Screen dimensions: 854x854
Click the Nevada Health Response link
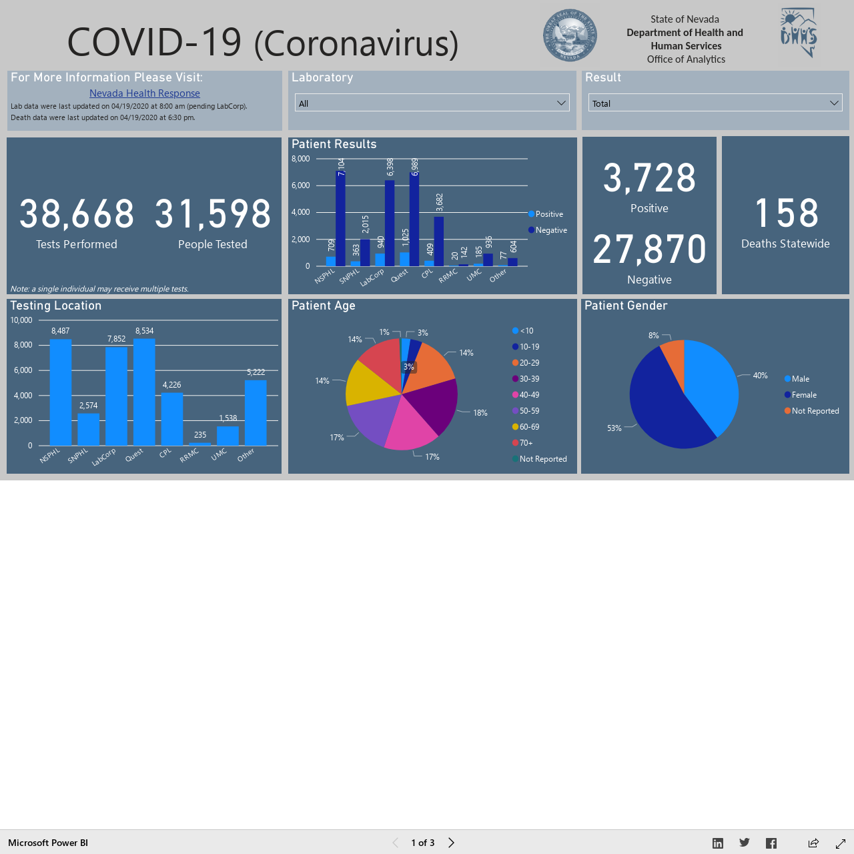coord(145,93)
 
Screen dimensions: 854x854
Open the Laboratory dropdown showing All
coord(432,103)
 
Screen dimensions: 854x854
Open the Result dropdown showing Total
coord(715,103)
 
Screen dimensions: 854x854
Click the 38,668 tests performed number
coord(77,214)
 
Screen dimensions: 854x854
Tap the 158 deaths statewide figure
coord(786,213)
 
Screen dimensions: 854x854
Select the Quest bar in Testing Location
coord(144,392)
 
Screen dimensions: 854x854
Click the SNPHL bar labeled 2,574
coord(88,429)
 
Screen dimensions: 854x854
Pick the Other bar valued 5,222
coord(256,412)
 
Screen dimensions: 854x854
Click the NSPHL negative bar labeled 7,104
coord(340,218)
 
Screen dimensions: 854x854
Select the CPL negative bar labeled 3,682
coord(439,242)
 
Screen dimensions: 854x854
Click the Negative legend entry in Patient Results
coord(548,230)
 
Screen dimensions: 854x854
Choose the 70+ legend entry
coord(522,443)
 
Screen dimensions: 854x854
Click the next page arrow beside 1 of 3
coord(451,843)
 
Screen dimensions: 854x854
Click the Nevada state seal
coord(570,35)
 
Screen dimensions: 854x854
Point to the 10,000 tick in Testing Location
coord(21,320)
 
